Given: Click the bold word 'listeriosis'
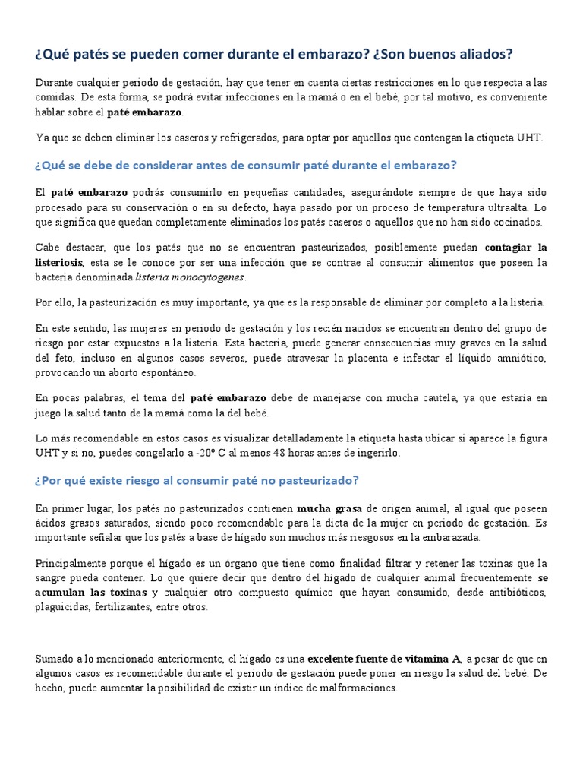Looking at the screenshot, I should click(65, 262).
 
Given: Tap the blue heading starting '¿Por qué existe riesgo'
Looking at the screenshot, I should click(197, 481).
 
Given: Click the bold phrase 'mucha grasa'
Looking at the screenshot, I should click(329, 508).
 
